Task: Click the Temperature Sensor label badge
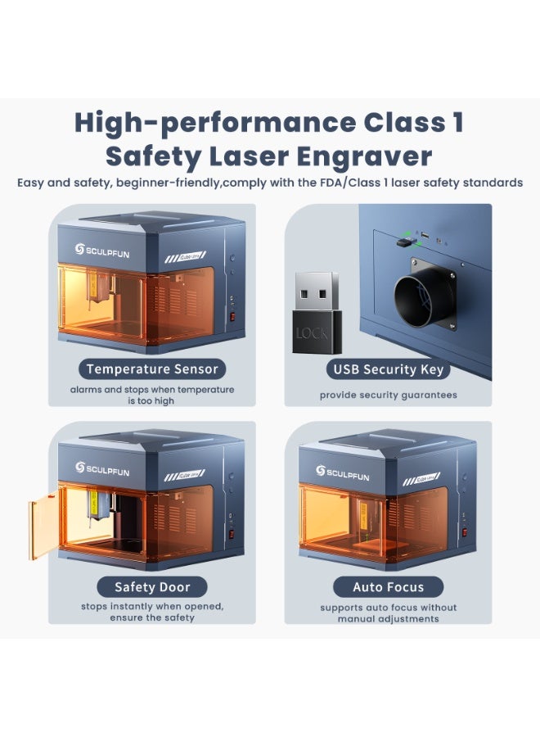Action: pyautogui.click(x=152, y=369)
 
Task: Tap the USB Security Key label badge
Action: pyautogui.click(x=388, y=369)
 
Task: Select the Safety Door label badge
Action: pyautogui.click(x=152, y=586)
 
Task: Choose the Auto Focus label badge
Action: pyautogui.click(x=388, y=586)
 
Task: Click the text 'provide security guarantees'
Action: pyautogui.click(x=388, y=396)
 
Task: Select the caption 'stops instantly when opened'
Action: pyautogui.click(x=152, y=607)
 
